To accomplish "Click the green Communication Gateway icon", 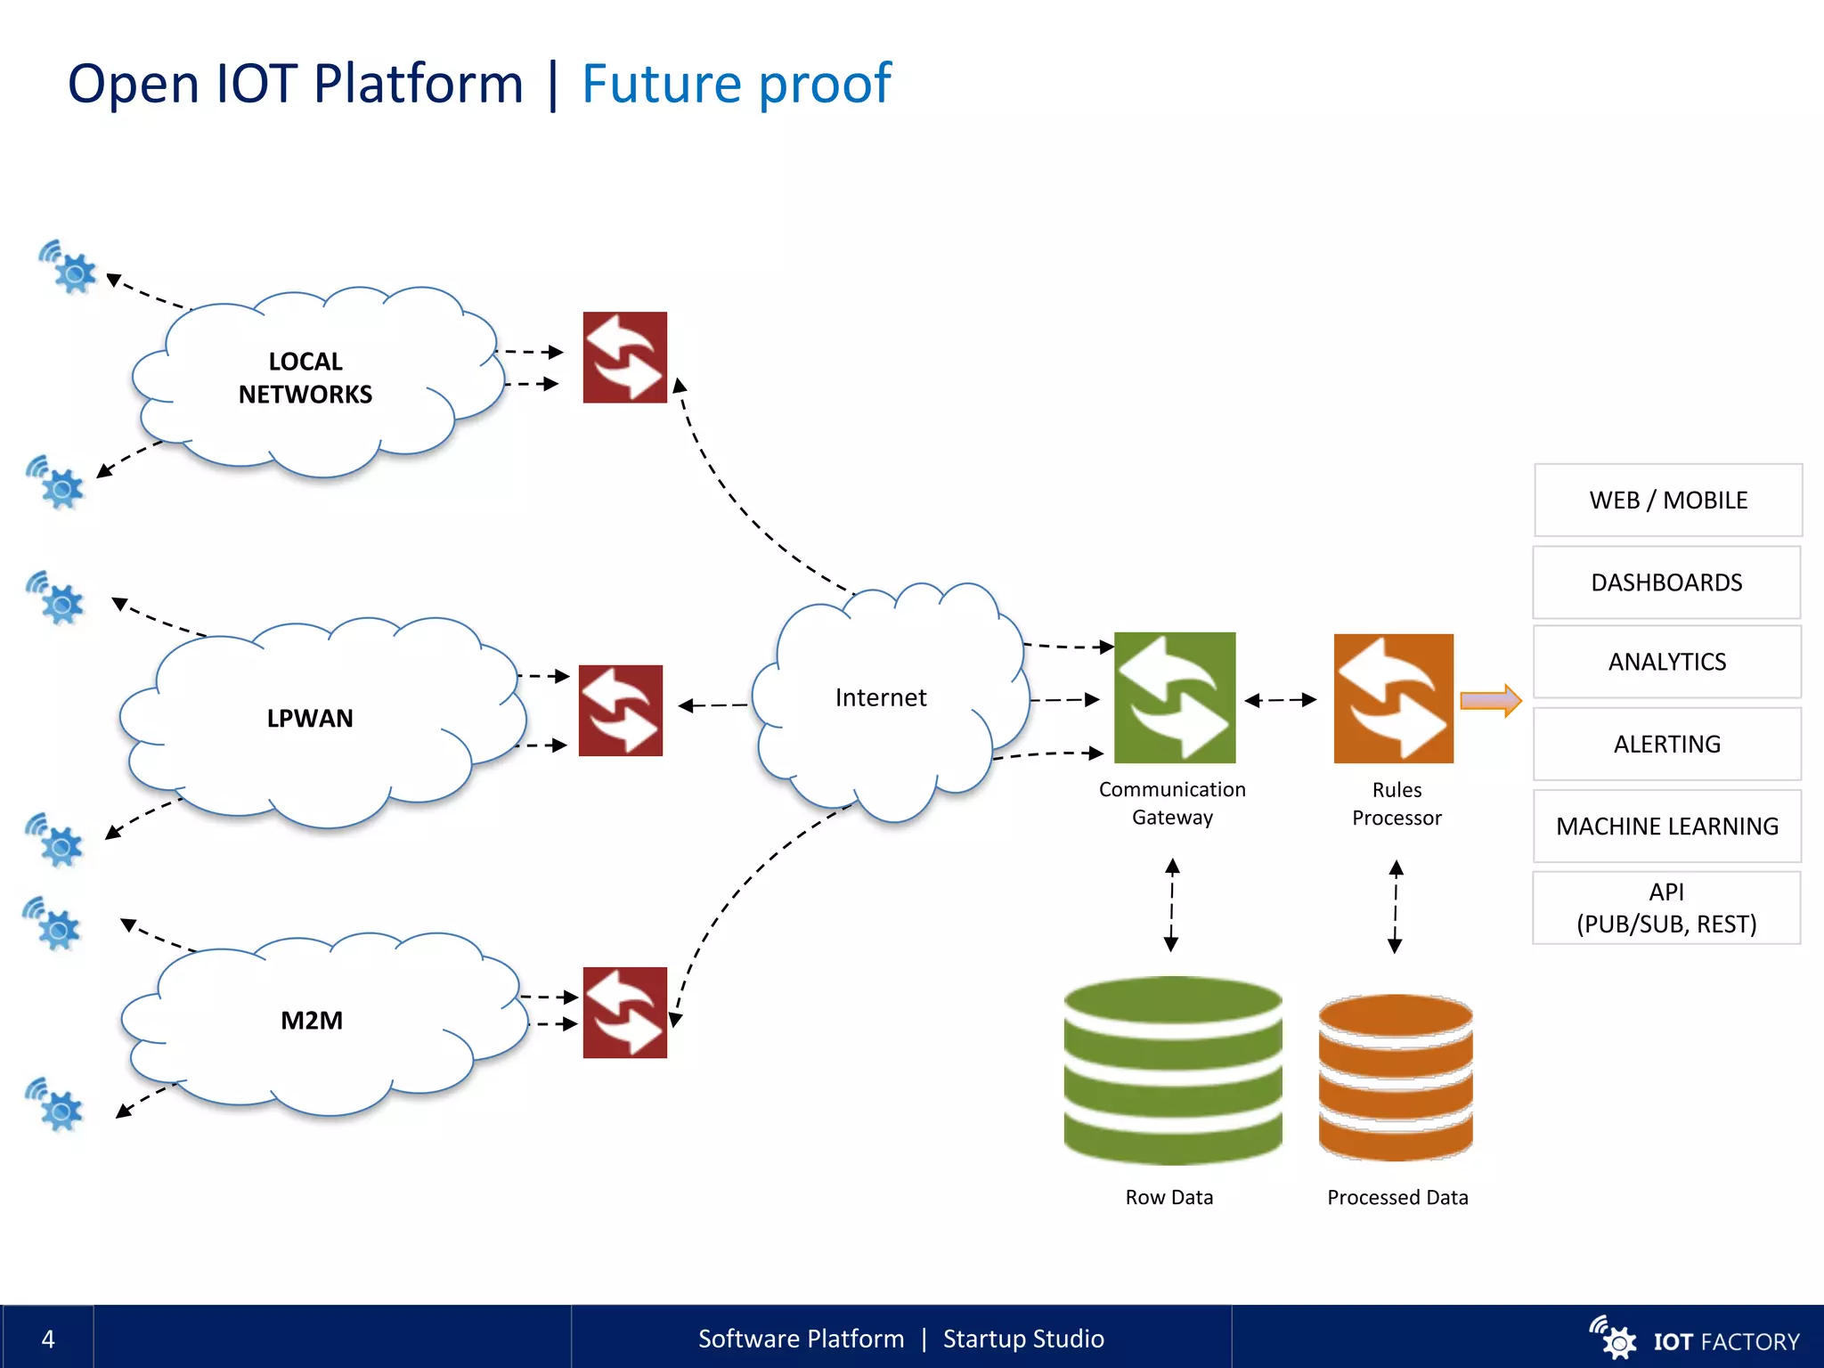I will coord(1175,697).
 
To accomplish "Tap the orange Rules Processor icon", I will coord(1393,698).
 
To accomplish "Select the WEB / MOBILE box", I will coord(1667,500).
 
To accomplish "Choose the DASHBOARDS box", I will coord(1665,582).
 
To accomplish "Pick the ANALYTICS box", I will coord(1666,662).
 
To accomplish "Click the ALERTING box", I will coord(1666,744).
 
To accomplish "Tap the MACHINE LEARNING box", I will coord(1666,826).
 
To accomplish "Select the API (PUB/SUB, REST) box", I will coord(1665,908).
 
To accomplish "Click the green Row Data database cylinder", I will coord(1172,1070).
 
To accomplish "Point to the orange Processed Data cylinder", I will coord(1395,1077).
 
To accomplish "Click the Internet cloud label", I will coord(880,697).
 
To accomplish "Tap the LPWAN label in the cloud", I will coord(310,718).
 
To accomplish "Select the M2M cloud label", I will coord(312,1020).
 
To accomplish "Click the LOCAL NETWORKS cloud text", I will coord(305,378).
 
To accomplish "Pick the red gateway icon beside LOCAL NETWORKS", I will coord(624,357).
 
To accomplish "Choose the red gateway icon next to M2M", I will coord(624,1013).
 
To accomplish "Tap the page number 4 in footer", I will coord(48,1339).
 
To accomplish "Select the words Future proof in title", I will coord(736,84).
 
